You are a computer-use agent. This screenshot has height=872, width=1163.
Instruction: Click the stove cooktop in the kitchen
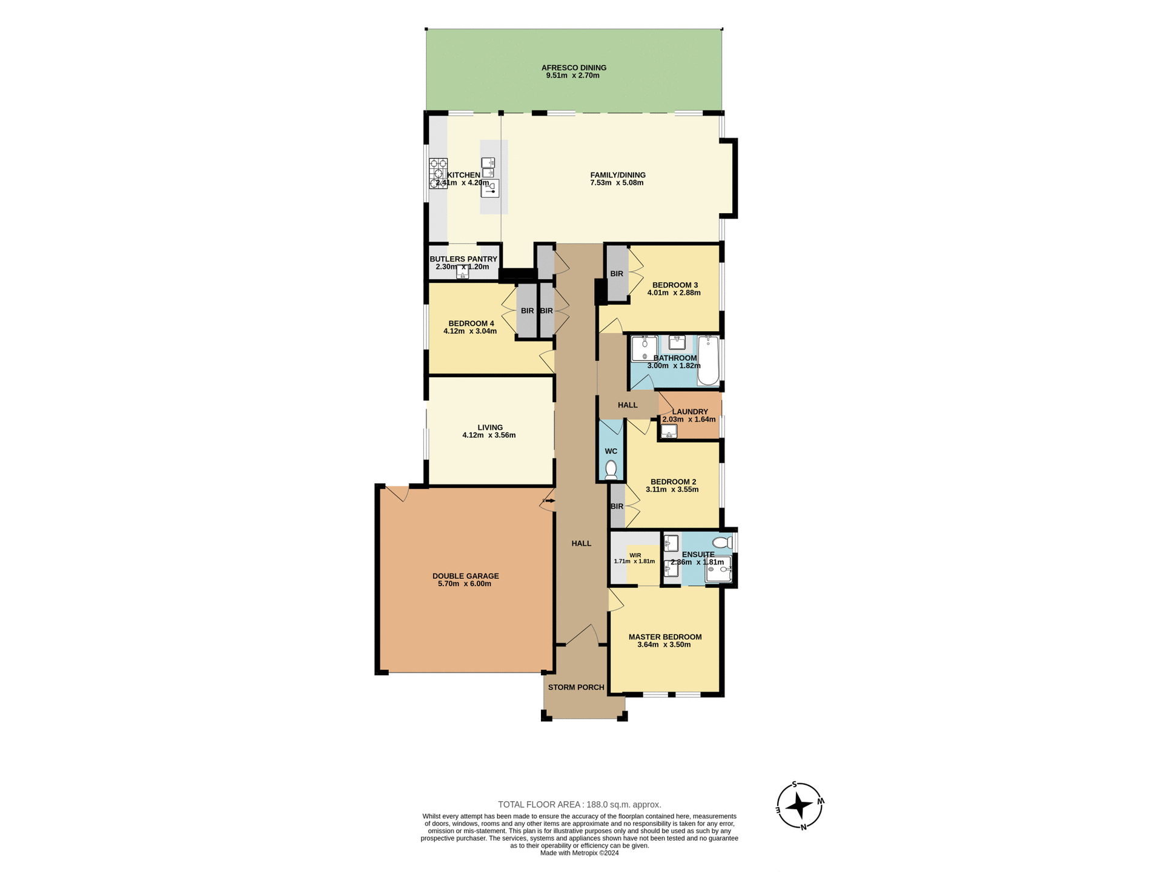(x=439, y=173)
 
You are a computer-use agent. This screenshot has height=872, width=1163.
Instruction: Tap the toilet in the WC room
(x=611, y=470)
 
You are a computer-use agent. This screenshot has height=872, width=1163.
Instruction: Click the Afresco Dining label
(x=574, y=68)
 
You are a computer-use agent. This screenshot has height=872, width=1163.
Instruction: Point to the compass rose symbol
(x=800, y=806)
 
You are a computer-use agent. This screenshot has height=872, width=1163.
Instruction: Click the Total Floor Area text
(x=579, y=805)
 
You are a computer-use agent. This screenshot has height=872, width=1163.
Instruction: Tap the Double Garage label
(x=465, y=576)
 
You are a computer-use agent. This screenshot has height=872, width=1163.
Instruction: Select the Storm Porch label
(x=576, y=687)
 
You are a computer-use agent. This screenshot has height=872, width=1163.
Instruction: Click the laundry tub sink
(x=669, y=431)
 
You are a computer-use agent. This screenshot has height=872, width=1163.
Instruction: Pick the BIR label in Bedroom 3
(x=617, y=274)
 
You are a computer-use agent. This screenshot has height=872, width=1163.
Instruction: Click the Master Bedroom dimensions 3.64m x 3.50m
(x=664, y=645)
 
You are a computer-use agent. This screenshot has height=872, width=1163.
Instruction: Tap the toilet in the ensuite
(x=723, y=542)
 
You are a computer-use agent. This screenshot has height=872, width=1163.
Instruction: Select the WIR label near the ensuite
(x=635, y=555)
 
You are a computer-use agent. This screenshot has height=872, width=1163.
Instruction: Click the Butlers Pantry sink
(x=463, y=274)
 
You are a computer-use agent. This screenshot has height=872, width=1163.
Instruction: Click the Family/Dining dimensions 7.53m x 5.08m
(x=617, y=183)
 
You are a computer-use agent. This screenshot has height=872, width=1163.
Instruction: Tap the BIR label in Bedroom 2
(x=617, y=506)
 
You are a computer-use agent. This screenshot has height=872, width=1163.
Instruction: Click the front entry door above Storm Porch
(x=581, y=636)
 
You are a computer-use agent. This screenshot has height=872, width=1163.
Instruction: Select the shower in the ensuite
(x=718, y=569)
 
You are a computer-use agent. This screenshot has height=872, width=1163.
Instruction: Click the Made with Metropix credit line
(x=579, y=853)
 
